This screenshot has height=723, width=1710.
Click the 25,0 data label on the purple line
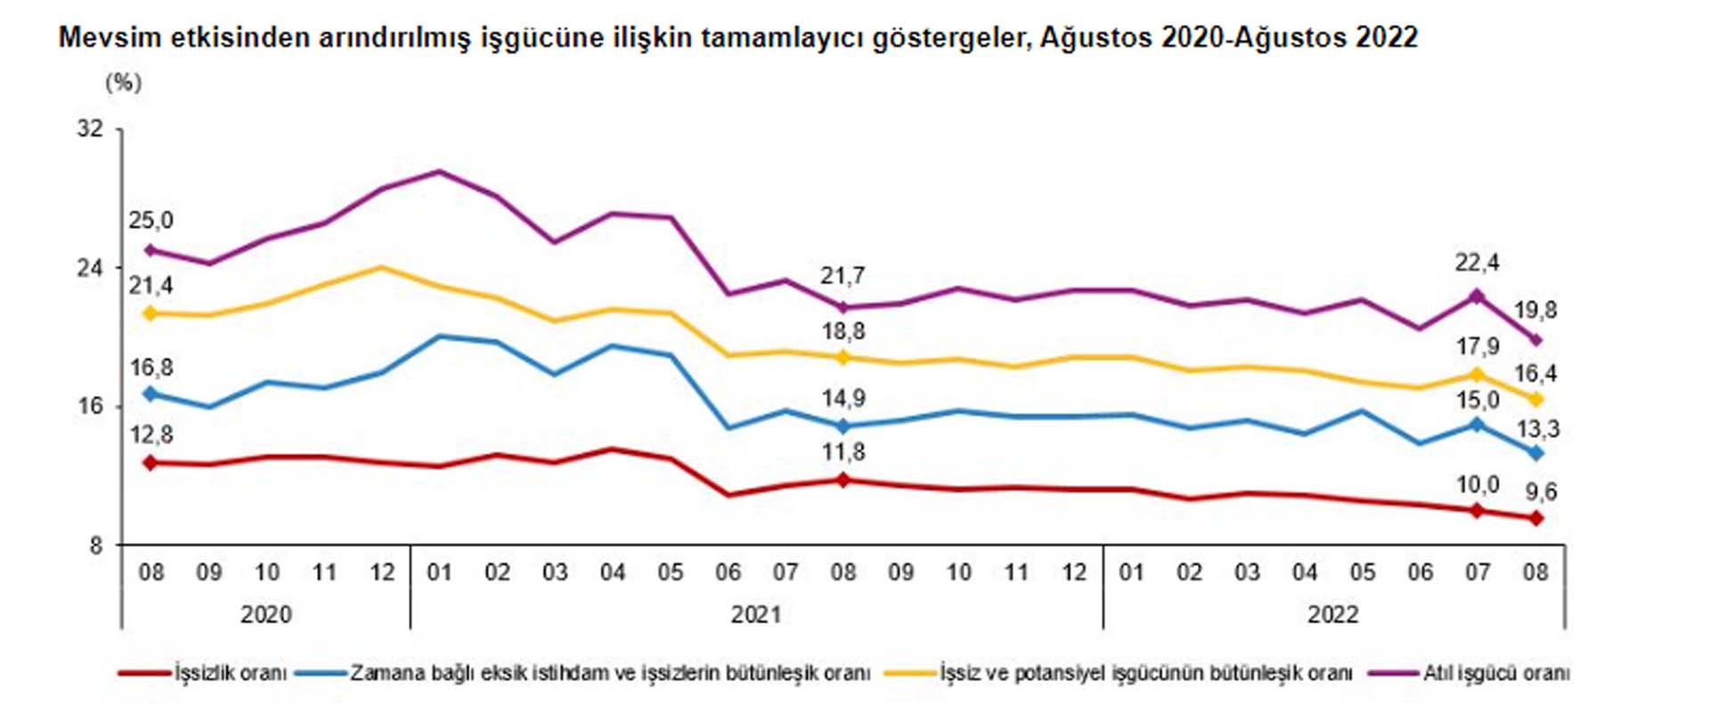click(151, 221)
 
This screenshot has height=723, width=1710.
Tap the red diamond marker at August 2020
click(151, 463)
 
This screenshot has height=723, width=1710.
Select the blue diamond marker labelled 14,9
click(843, 426)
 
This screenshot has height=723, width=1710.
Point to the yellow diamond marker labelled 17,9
click(1478, 375)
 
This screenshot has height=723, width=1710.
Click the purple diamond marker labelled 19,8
click(1535, 339)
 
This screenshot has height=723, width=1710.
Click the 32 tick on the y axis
click(90, 129)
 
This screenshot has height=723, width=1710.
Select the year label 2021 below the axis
click(756, 614)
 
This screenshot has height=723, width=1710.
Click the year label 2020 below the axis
click(266, 614)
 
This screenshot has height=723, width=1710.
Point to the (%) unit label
click(123, 83)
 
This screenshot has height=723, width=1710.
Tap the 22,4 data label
click(1477, 263)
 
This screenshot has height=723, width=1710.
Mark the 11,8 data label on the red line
click(843, 452)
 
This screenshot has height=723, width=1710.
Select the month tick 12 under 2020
click(382, 572)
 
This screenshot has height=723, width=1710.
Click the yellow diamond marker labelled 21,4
click(151, 313)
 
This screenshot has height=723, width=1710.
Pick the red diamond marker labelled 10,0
click(1478, 510)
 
